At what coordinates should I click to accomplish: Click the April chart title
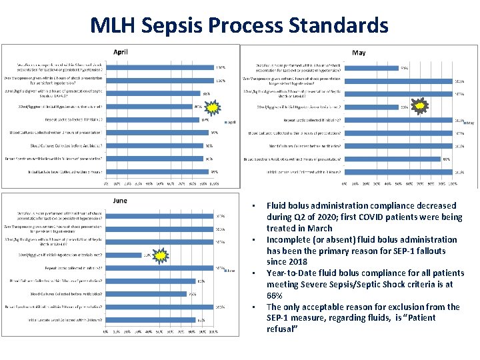coord(121,52)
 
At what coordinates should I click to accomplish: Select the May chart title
coord(359,53)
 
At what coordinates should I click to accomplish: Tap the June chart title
coord(120,200)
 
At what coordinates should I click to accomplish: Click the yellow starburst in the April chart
coord(212,107)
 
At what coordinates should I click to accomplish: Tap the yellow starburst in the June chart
coord(160,254)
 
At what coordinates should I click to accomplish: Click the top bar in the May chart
coord(371,67)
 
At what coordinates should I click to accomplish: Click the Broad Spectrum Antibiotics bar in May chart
coord(393,159)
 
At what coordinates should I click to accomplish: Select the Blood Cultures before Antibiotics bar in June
coord(147,293)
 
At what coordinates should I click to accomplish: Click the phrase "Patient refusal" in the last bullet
coord(280,323)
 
